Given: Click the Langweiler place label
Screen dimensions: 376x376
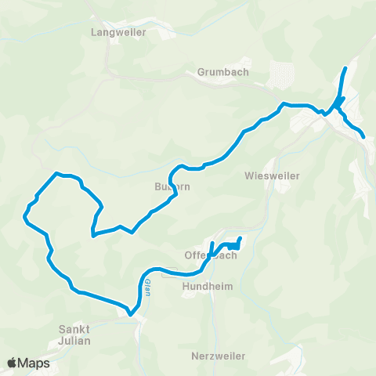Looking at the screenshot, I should coord(114,33).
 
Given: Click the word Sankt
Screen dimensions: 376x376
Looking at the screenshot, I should coord(75,329).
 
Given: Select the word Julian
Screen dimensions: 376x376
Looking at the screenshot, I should coord(75,341).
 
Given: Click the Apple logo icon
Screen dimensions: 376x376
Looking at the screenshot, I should coord(13,363).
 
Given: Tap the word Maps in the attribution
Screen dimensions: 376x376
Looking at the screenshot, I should coord(35,363).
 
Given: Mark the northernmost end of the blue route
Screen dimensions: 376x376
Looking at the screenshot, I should coord(345,69).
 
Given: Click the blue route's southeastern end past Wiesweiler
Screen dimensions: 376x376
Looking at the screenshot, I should coord(363,137).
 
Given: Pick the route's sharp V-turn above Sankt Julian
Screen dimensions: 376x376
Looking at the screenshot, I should coord(132,315).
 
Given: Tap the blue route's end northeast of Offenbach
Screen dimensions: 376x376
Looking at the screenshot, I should coord(239,238).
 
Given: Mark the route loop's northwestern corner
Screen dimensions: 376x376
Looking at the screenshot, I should coord(56,173).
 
